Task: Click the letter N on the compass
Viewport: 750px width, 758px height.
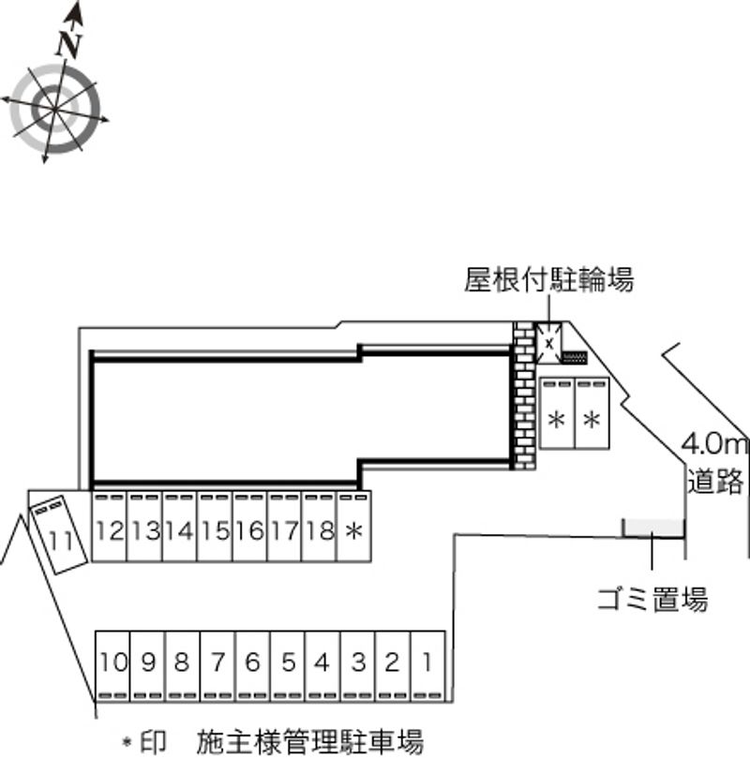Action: pos(67,43)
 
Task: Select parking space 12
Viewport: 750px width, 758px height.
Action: pos(109,530)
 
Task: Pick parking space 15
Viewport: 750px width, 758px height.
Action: pos(215,530)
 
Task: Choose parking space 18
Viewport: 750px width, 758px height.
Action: pos(320,530)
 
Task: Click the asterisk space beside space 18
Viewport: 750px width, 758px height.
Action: pos(353,530)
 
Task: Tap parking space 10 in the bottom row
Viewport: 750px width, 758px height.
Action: pos(113,662)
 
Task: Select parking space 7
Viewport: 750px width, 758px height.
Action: pos(217,662)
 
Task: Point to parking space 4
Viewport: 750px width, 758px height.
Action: pos(322,662)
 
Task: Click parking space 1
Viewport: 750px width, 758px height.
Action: pos(427,662)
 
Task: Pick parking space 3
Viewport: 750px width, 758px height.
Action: pos(357,662)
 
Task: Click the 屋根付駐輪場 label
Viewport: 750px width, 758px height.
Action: pos(549,279)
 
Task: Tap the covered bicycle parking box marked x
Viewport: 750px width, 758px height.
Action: pos(547,342)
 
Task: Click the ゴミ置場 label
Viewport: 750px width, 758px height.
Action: pos(652,598)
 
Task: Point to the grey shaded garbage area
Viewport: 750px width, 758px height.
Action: pos(653,528)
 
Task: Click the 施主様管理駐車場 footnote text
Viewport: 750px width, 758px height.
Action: pos(310,741)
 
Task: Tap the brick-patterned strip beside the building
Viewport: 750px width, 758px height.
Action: pos(522,394)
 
